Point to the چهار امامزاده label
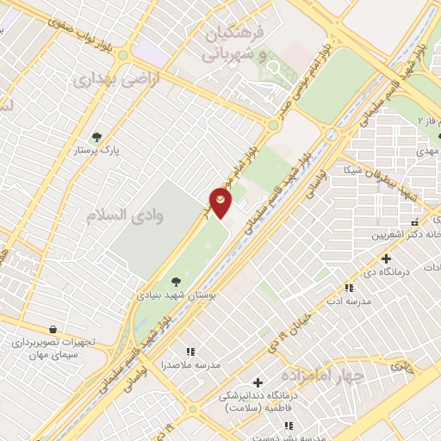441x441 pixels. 317,376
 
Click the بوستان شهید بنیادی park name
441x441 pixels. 175,295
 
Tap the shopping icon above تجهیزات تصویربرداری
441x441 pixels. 53,329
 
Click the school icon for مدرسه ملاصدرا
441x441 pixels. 190,351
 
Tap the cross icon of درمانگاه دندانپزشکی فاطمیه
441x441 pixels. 258,382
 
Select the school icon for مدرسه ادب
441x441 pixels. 349,289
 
